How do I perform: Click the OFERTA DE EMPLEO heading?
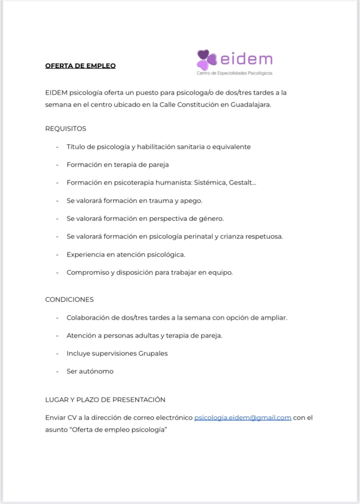[80, 65]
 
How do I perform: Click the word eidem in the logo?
[246, 59]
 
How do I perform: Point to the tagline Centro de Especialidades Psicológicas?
[234, 73]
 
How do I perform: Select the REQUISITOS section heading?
[65, 128]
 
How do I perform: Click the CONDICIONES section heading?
[69, 299]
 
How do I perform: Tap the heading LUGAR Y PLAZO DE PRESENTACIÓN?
[105, 400]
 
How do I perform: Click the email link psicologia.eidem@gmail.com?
[243, 418]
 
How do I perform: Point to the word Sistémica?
[210, 183]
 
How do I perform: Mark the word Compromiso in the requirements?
[88, 272]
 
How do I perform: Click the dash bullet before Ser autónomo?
[57, 371]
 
